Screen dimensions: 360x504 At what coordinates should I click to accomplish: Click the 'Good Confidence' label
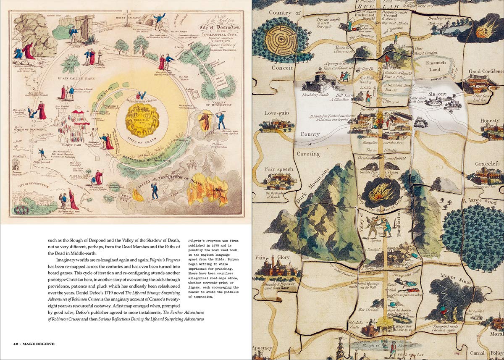[x=485, y=72]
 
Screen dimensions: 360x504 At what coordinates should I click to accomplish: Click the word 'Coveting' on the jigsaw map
[x=309, y=154]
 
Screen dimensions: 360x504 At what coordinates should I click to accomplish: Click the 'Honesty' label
[x=490, y=121]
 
